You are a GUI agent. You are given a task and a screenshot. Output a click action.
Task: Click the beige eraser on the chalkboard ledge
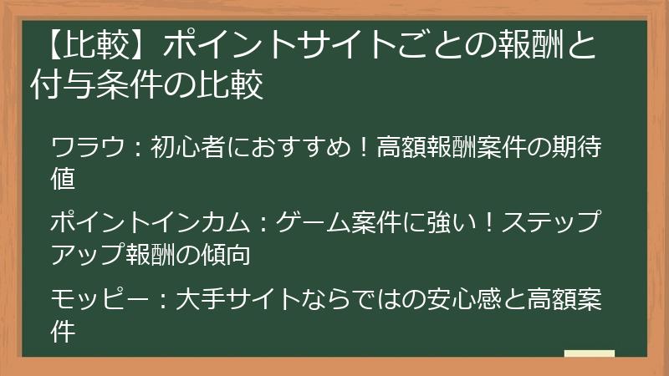(x=590, y=353)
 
